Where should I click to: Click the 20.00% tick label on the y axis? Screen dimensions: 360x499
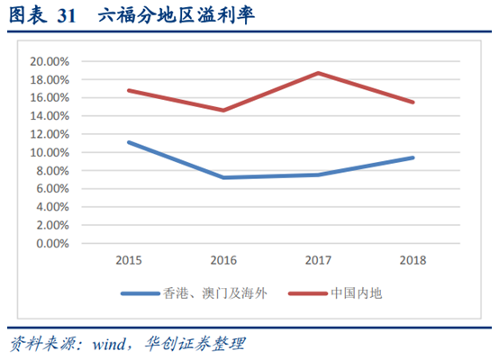point(50,61)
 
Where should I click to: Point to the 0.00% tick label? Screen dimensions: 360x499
point(53,243)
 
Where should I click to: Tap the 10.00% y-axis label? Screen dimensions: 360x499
point(50,152)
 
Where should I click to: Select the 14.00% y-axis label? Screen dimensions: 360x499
point(50,116)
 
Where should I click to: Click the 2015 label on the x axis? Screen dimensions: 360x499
point(129,260)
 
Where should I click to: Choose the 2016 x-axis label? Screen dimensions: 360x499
point(223,260)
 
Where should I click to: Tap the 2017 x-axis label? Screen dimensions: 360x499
point(318,260)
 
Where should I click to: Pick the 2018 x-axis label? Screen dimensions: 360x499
point(413,260)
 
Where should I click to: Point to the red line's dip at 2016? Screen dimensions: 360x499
point(223,111)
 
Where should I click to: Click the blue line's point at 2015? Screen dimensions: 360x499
point(129,142)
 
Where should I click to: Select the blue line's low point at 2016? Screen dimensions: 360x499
point(223,177)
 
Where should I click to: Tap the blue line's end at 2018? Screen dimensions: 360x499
point(413,157)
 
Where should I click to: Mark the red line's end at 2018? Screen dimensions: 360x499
point(413,102)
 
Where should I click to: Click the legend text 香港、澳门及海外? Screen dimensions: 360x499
point(209,293)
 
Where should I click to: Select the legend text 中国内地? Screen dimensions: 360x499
point(358,293)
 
